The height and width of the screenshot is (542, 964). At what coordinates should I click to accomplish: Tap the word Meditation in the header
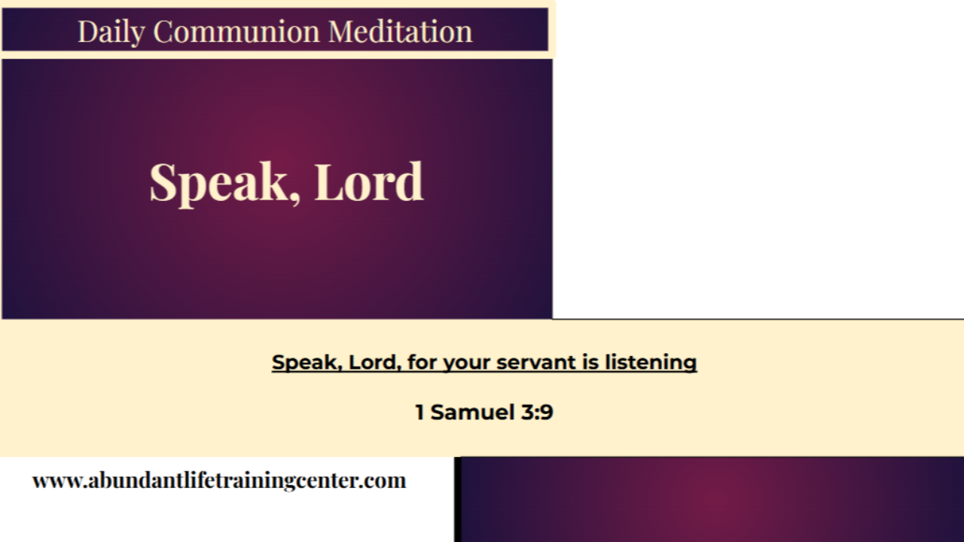(x=400, y=32)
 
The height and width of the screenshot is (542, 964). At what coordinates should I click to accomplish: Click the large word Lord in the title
(x=368, y=182)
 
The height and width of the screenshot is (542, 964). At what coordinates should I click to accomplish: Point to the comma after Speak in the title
(x=294, y=197)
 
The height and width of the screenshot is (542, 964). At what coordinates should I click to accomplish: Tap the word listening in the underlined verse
(x=650, y=362)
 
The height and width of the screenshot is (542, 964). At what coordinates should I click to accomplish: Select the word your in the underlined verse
(x=466, y=362)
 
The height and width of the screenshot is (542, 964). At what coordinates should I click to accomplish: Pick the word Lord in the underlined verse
(x=374, y=362)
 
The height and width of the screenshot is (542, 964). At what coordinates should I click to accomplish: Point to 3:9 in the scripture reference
(x=537, y=413)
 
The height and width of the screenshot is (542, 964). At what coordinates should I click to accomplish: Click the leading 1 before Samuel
(x=419, y=413)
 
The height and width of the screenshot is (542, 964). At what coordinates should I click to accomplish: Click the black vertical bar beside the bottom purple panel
(x=457, y=500)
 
